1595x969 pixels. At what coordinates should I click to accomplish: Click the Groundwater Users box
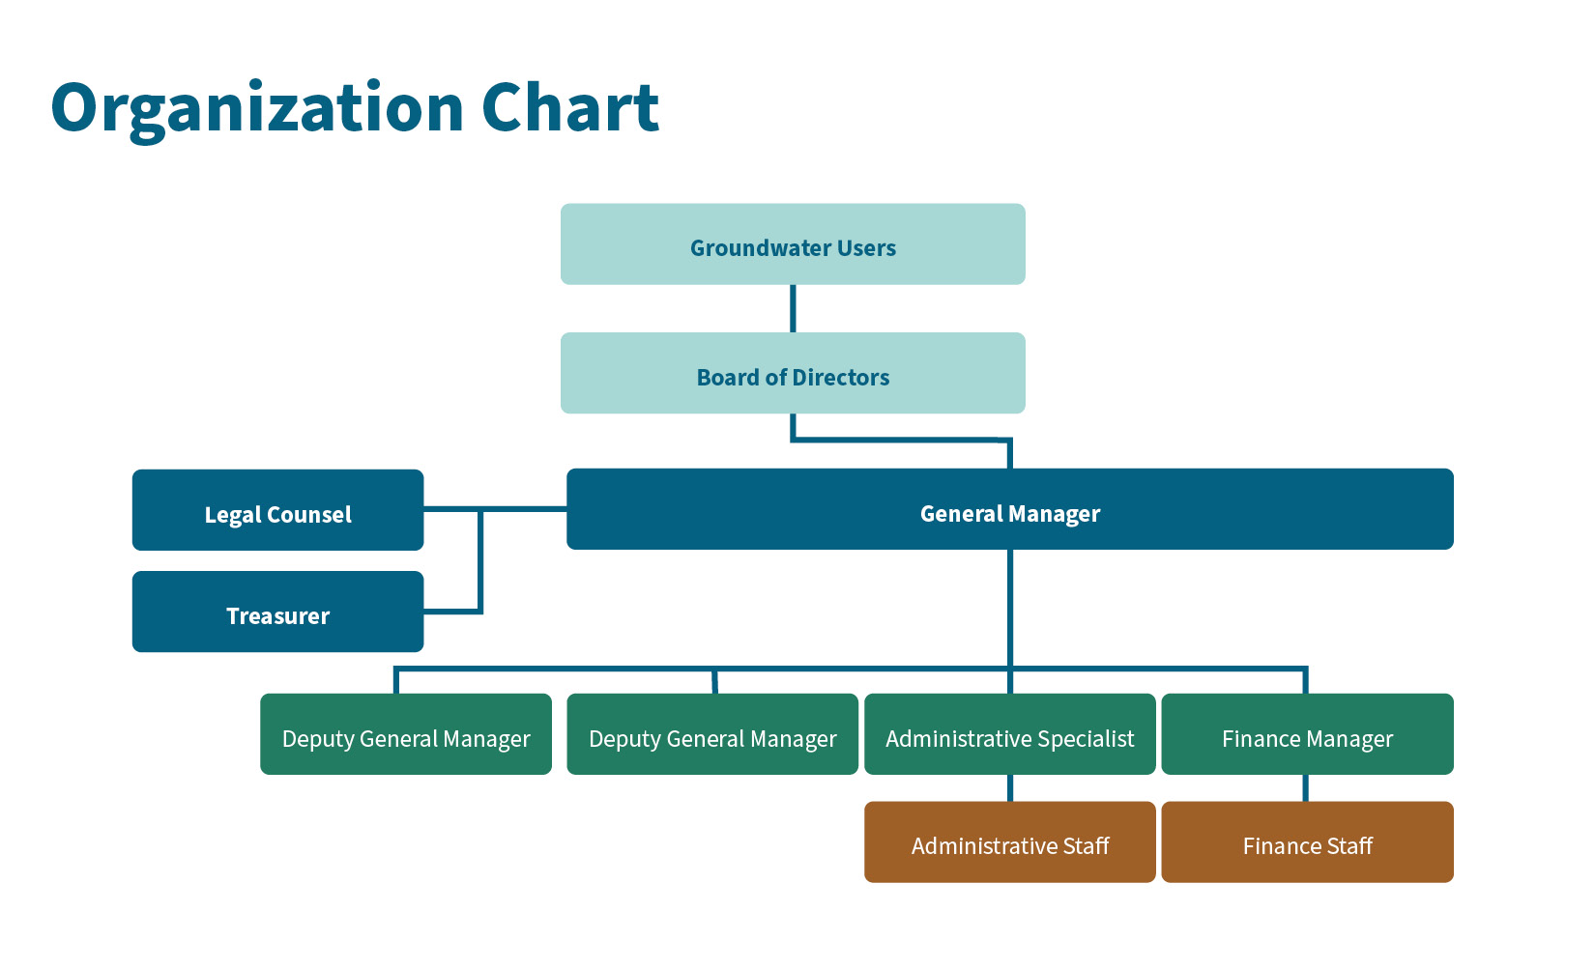point(793,244)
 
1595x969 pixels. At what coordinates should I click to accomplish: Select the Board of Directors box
point(793,374)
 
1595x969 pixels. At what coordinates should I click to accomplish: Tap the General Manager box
point(1009,510)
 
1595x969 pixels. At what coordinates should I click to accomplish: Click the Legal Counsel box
point(277,511)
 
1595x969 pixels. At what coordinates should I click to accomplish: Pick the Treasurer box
point(277,613)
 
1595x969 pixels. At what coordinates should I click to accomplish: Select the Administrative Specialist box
point(1009,735)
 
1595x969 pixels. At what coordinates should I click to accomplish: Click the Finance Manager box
point(1307,735)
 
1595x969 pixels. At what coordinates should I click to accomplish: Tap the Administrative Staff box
point(1009,842)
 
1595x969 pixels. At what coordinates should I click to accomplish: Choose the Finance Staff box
point(1307,842)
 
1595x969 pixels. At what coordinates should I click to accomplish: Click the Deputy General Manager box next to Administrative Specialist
point(712,735)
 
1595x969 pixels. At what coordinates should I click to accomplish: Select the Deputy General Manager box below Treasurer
point(406,735)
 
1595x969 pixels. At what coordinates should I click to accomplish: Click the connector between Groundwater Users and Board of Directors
point(793,308)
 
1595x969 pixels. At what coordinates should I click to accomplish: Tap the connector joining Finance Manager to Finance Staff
point(1306,788)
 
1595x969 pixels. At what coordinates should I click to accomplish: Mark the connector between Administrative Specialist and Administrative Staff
point(1010,788)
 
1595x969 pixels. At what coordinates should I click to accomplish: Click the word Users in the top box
point(866,248)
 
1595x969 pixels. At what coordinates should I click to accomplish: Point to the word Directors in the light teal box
point(840,378)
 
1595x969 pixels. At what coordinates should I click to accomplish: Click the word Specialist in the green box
point(1086,739)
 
